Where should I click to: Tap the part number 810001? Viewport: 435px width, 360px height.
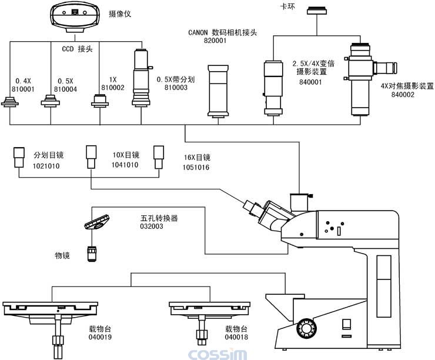23,89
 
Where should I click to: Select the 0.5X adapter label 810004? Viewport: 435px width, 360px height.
66,89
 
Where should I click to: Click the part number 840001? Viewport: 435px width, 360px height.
310,83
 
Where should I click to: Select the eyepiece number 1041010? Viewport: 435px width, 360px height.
125,166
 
